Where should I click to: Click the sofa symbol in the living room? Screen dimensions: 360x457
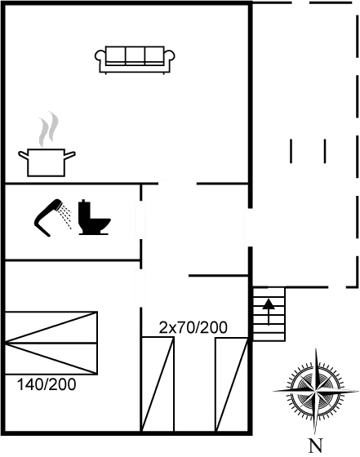tap(135, 60)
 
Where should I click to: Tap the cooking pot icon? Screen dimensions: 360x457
tap(47, 162)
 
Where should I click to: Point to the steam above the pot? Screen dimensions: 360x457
tap(48, 129)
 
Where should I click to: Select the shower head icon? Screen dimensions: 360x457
tap(52, 216)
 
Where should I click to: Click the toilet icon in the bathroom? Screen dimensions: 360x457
tap(94, 217)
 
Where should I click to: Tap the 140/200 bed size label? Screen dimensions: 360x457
tap(47, 384)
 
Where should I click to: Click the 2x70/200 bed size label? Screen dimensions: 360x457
tap(193, 327)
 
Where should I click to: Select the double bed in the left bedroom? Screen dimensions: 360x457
tap(51, 343)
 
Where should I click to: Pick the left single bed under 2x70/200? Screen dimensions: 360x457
tap(158, 384)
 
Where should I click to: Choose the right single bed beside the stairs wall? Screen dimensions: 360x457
tap(232, 384)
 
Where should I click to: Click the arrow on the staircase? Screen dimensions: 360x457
tap(269, 311)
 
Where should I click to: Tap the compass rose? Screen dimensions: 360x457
tap(316, 392)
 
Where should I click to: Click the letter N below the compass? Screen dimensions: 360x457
tap(316, 446)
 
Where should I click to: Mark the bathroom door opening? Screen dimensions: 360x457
tap(140, 220)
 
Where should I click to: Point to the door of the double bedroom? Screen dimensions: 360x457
tap(140, 288)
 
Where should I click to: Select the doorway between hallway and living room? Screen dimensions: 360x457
tap(177, 184)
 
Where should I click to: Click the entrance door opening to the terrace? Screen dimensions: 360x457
tap(250, 228)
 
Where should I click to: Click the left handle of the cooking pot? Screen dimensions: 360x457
tap(24, 155)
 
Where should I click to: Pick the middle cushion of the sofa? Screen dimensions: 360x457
tap(136, 55)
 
